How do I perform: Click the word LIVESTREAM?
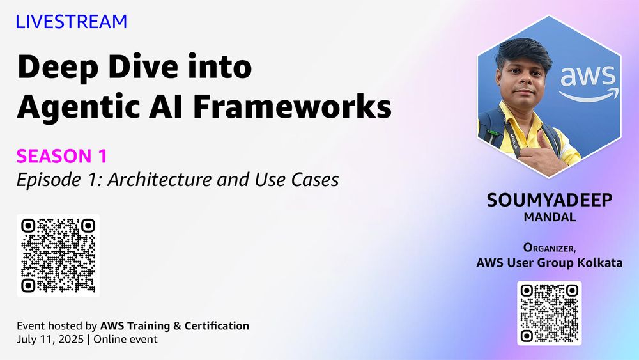pos(72,22)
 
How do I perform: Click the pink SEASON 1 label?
pos(62,156)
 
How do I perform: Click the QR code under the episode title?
pos(58,255)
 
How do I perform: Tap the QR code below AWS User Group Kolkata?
pos(550,313)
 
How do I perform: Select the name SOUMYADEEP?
pos(550,200)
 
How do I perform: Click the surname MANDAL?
pos(550,217)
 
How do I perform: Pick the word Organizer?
pos(548,247)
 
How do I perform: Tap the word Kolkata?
pos(599,262)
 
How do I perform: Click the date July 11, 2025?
pos(50,339)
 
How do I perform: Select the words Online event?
pos(125,339)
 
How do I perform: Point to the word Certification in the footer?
pos(217,325)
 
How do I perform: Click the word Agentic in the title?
pos(78,107)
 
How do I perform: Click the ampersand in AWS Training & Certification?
pos(177,325)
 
